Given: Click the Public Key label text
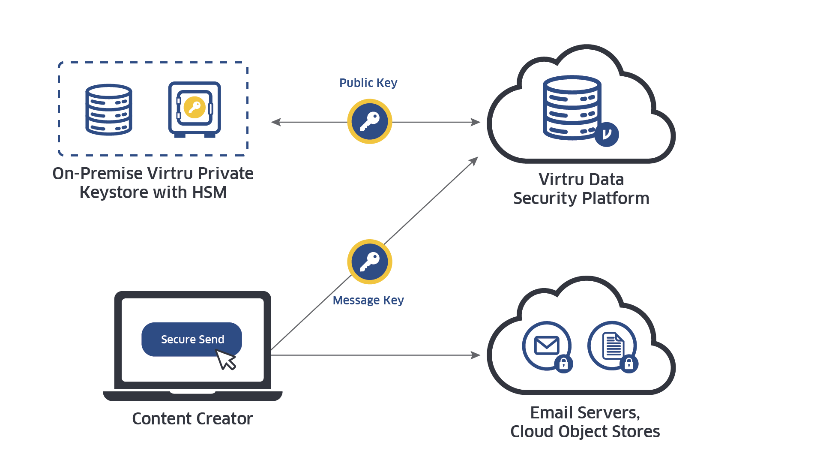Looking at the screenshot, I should point(368,83).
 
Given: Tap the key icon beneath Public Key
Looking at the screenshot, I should point(369,122).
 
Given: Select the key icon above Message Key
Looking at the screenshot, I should point(369,262).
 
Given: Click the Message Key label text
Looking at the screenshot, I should point(368,300).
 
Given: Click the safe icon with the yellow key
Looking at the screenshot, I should point(195,109).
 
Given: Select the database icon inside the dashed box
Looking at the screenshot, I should point(109,110).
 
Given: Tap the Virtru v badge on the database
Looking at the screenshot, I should point(606,134).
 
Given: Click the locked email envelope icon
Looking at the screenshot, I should point(547,346).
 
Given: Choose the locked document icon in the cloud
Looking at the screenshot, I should point(613,346).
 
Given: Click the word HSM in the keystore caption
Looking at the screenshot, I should point(209,192).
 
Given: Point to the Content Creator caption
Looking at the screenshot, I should point(192,419).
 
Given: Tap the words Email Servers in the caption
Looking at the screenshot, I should point(585,413).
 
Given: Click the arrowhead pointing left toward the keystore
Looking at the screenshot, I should point(275,122).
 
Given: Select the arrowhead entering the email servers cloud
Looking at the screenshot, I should point(476,355).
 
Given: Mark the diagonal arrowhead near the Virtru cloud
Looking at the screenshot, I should point(474,161).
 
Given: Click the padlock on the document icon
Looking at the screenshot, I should point(628,364).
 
